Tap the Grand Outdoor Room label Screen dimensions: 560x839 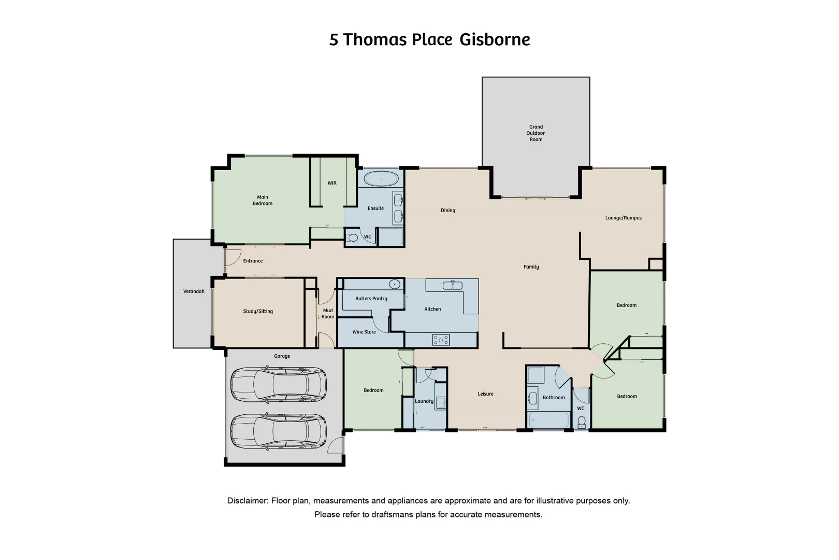pyautogui.click(x=536, y=133)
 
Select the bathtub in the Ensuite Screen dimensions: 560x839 pyautogui.click(x=381, y=179)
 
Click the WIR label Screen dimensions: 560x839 pyautogui.click(x=332, y=183)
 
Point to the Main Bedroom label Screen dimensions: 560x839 pyautogui.click(x=263, y=200)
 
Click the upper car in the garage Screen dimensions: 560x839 pyautogui.click(x=278, y=385)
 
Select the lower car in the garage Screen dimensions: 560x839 pyautogui.click(x=278, y=431)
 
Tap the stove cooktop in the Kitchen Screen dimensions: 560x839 pyautogui.click(x=441, y=340)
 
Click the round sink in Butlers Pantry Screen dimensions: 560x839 pyautogui.click(x=394, y=284)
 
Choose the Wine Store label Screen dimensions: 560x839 pyautogui.click(x=364, y=332)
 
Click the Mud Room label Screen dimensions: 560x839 pyautogui.click(x=328, y=314)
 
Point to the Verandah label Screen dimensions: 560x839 pyautogui.click(x=194, y=291)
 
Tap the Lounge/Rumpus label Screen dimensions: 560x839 pyautogui.click(x=623, y=218)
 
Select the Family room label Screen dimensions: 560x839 pyautogui.click(x=531, y=267)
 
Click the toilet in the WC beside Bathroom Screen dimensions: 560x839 pyautogui.click(x=582, y=421)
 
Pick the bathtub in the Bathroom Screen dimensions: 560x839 pyautogui.click(x=548, y=419)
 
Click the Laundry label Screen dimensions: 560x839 pyautogui.click(x=424, y=401)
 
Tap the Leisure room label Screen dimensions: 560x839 pyautogui.click(x=485, y=394)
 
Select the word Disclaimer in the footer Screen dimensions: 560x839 pyautogui.click(x=248, y=501)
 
